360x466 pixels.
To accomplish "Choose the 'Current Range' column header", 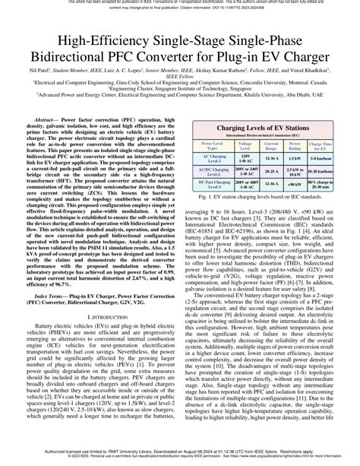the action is (271, 145).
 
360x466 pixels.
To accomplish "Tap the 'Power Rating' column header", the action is (295, 145).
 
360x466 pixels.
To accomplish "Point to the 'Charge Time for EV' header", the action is (323, 145).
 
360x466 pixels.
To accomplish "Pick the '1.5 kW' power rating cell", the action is (295, 158).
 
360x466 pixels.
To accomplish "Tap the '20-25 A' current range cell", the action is (271, 170).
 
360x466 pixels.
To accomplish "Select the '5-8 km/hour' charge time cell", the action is (323, 158).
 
